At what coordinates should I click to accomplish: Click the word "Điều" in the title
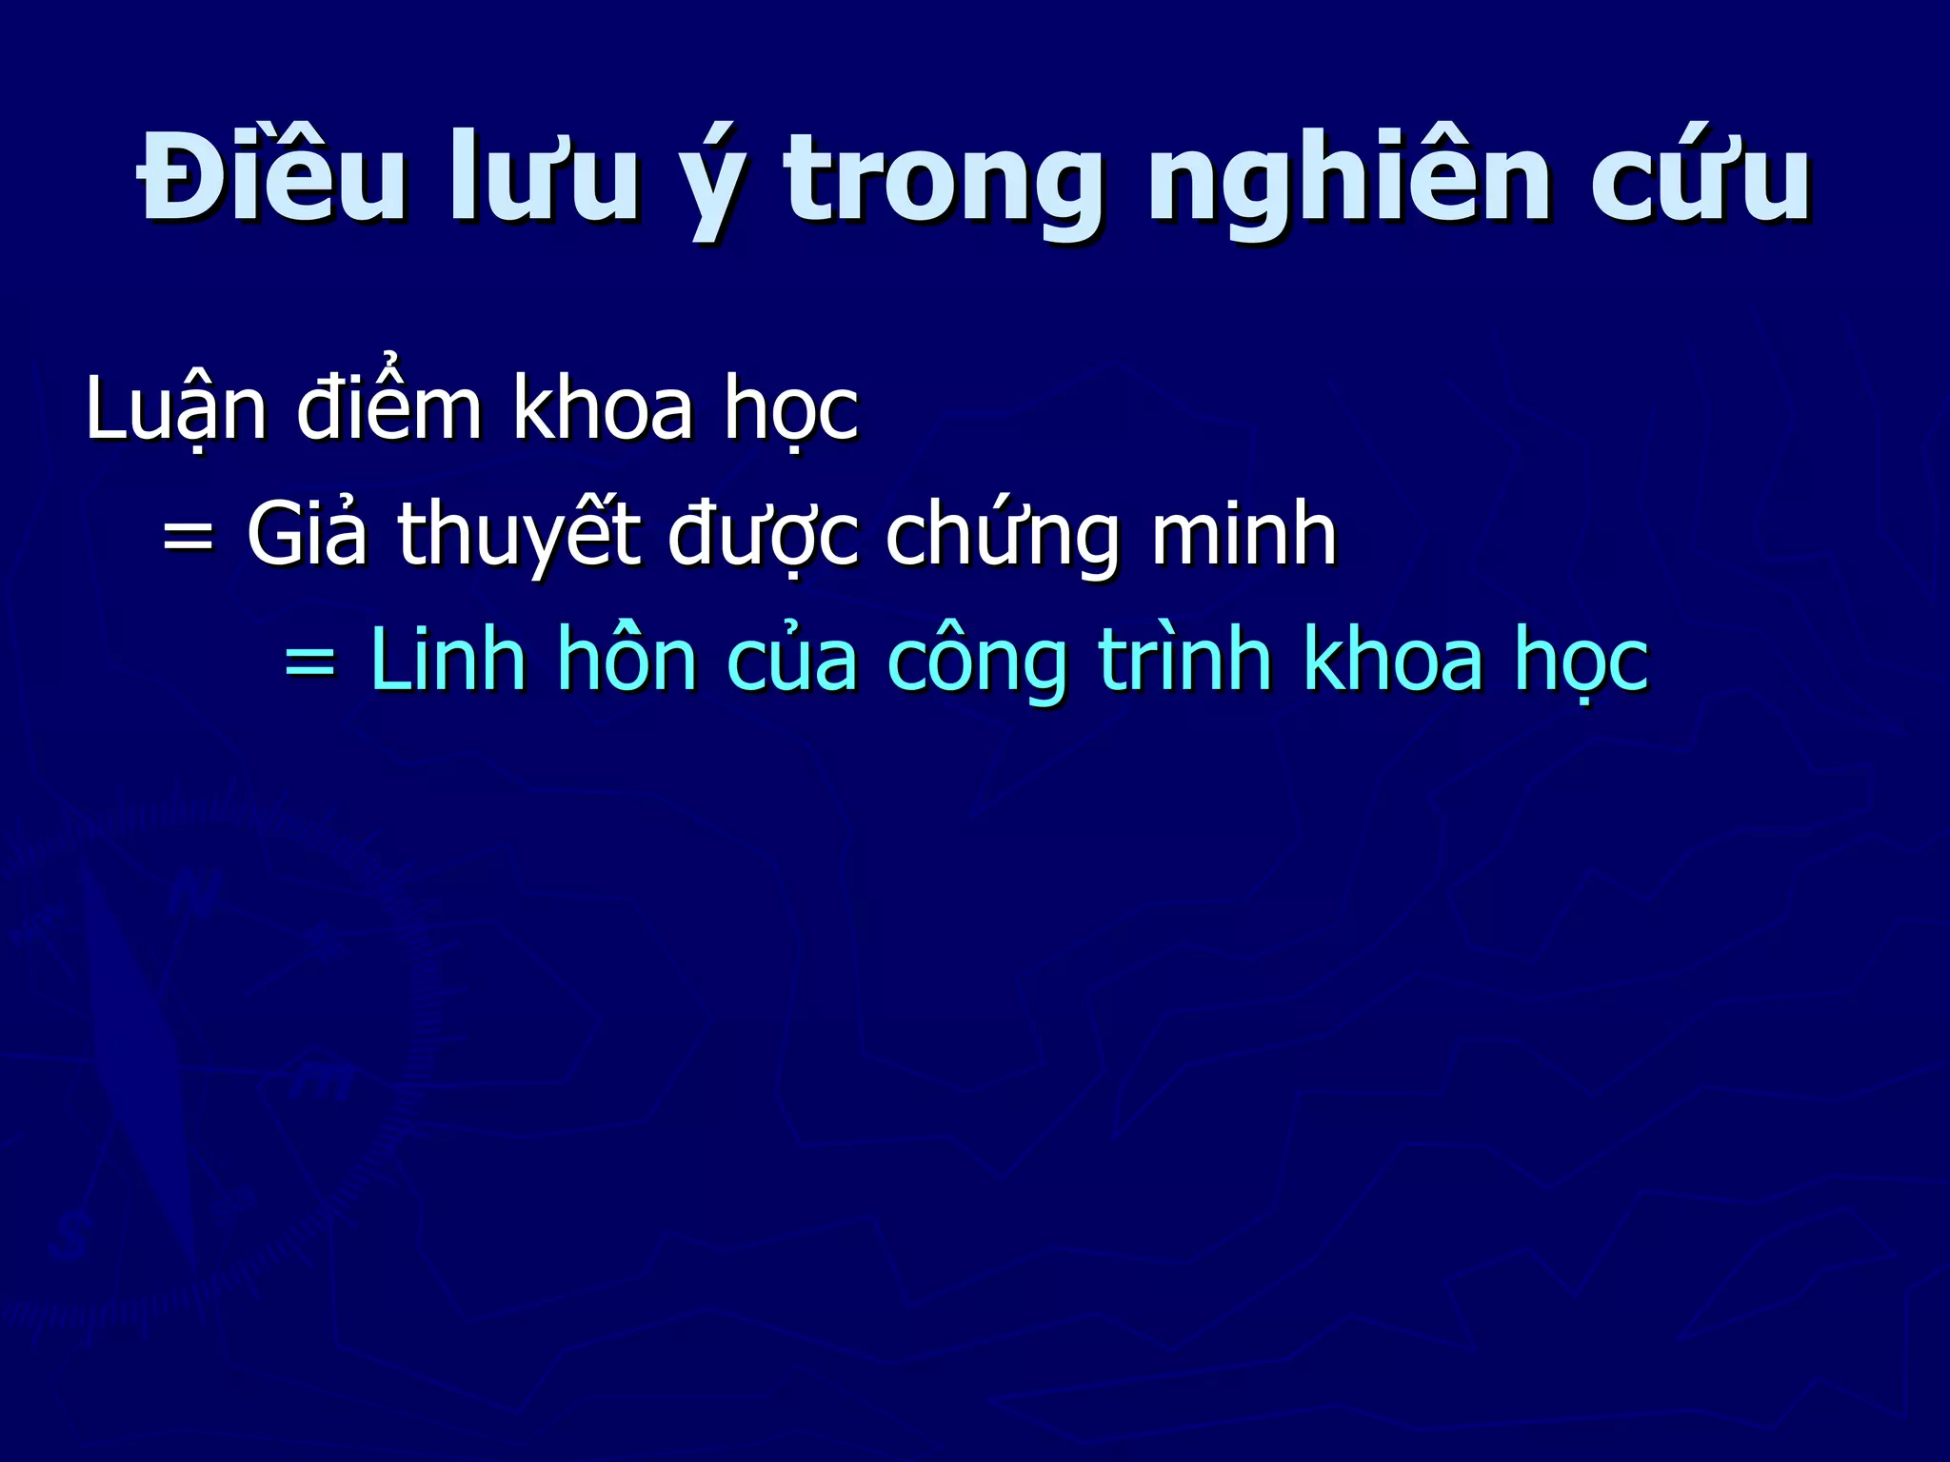point(271,178)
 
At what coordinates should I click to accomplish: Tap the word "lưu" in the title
point(544,178)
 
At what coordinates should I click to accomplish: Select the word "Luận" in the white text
point(176,409)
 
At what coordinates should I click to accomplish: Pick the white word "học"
point(791,409)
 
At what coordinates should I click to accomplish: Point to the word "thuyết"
point(518,535)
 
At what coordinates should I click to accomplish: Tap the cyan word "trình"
point(1185,659)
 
